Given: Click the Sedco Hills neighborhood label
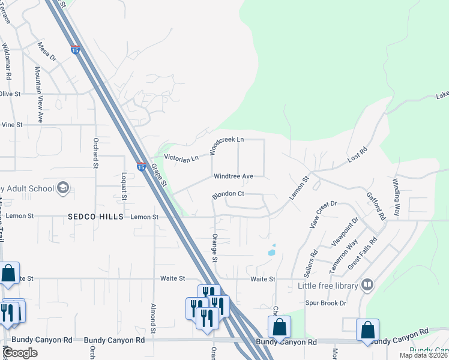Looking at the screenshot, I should pyautogui.click(x=95, y=216).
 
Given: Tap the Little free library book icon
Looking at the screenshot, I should pyautogui.click(x=367, y=286).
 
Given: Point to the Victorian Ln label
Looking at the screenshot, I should pyautogui.click(x=181, y=159).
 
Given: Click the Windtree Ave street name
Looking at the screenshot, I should pyautogui.click(x=234, y=176).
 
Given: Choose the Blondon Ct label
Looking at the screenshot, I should pyautogui.click(x=228, y=195).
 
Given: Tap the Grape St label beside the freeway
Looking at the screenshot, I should pyautogui.click(x=158, y=175).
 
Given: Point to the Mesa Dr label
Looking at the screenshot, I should pyautogui.click(x=46, y=51).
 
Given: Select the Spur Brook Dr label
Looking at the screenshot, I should pyautogui.click(x=325, y=304).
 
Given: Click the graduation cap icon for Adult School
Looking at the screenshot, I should pyautogui.click(x=62, y=189).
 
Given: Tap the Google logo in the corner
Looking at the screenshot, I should pyautogui.click(x=20, y=353).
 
